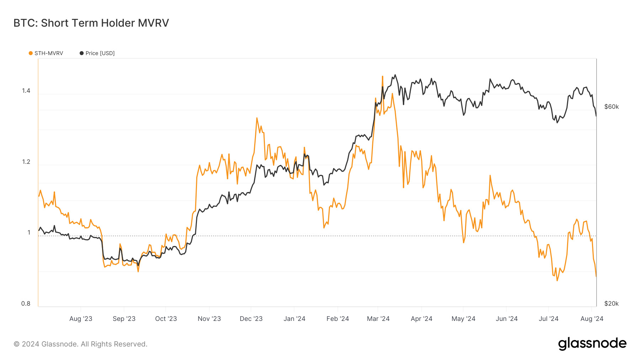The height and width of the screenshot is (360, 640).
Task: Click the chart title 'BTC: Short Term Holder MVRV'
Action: pyautogui.click(x=91, y=23)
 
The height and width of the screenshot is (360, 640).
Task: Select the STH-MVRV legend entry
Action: pyautogui.click(x=46, y=53)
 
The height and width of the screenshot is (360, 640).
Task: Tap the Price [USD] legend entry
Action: pyautogui.click(x=97, y=53)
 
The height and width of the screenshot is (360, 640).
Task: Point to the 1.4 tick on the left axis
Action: pyautogui.click(x=26, y=91)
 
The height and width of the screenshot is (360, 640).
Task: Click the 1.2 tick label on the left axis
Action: pyautogui.click(x=26, y=162)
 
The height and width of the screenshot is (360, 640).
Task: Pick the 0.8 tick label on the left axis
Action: pyautogui.click(x=26, y=303)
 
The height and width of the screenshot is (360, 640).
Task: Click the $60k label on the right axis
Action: pyautogui.click(x=611, y=107)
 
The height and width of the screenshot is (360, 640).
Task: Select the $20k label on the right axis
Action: pyautogui.click(x=611, y=303)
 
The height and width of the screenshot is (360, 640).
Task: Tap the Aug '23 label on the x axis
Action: pyautogui.click(x=81, y=319)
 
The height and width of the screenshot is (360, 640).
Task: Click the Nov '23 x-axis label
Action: pyautogui.click(x=209, y=319)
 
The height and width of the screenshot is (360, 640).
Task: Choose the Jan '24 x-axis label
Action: pyautogui.click(x=294, y=319)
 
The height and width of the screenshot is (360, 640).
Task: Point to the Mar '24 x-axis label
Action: pyautogui.click(x=378, y=319)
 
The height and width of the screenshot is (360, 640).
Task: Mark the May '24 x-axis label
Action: pyautogui.click(x=463, y=319)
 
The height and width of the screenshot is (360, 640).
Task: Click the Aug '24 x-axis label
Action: pyautogui.click(x=592, y=319)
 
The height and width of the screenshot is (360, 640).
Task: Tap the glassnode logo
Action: pyautogui.click(x=592, y=344)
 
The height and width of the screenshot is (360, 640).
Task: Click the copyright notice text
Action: pyautogui.click(x=80, y=344)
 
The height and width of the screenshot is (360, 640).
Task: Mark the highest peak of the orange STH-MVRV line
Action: pyautogui.click(x=382, y=76)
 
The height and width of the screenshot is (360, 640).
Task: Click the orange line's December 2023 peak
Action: pyautogui.click(x=257, y=118)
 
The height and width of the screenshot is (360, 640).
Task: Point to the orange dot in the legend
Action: pyautogui.click(x=31, y=53)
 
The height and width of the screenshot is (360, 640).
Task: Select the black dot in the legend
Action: pyautogui.click(x=82, y=53)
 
